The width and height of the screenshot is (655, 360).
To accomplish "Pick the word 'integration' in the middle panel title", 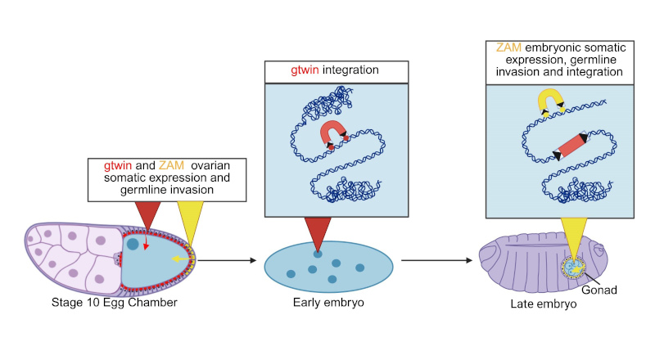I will pos(352,71).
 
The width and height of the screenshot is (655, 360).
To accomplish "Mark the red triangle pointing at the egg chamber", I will pos(148,214).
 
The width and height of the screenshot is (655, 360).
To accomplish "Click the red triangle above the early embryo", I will pos(317,233).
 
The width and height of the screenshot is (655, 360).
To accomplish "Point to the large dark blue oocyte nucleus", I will pos(132,243).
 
